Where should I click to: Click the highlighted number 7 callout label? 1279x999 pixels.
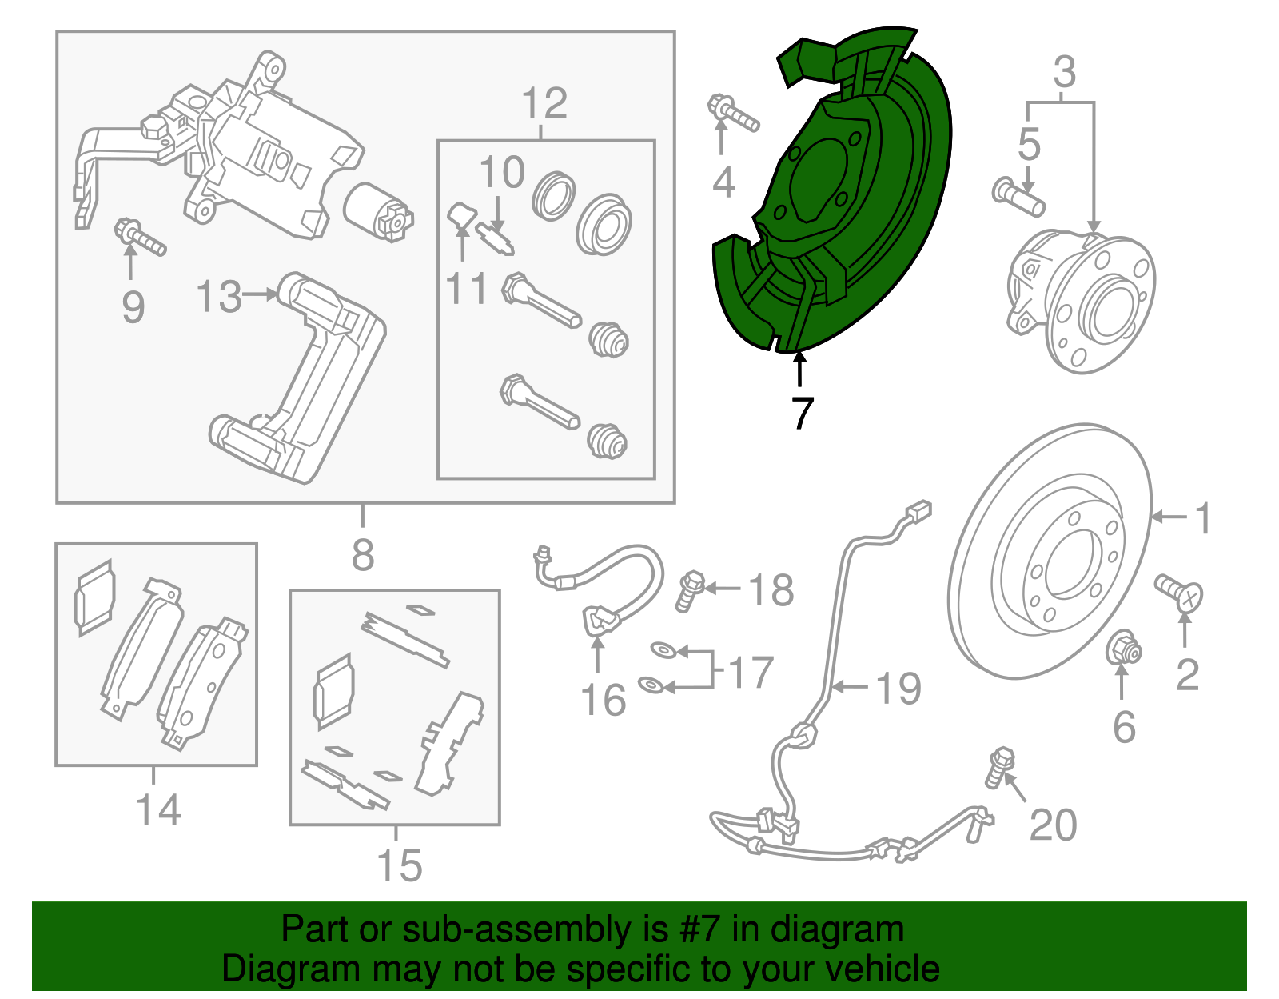click(803, 413)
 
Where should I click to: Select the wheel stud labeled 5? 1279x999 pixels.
click(1018, 198)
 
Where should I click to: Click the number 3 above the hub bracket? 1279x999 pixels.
click(1065, 72)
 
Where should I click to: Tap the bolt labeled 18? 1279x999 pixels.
click(690, 591)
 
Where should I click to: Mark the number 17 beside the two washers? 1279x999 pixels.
click(751, 673)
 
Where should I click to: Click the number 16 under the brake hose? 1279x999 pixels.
click(604, 700)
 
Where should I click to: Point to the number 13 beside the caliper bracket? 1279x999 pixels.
click(218, 296)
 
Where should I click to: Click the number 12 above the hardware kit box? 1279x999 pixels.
click(544, 104)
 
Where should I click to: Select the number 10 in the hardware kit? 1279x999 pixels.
click(502, 172)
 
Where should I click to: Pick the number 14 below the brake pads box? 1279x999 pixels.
click(158, 810)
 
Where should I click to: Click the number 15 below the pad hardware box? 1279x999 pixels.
click(400, 866)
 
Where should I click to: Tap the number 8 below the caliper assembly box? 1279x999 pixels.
click(363, 554)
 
